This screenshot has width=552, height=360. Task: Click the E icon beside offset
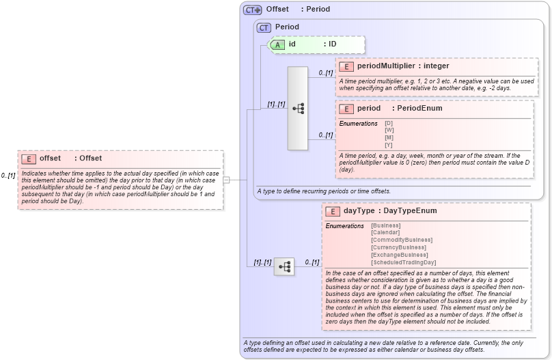coord(29,158)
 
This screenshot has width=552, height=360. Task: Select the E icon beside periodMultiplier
coord(346,66)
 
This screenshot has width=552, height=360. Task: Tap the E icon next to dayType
coord(333,211)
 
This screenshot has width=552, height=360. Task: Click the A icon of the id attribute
coord(277,44)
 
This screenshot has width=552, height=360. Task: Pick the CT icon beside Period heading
coord(264,27)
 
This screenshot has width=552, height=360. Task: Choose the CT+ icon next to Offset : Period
coord(253,10)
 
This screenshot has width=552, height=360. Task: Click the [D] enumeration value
coord(389,123)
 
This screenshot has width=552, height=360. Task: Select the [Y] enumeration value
coord(389,145)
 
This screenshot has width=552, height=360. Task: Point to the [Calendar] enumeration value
coord(386,232)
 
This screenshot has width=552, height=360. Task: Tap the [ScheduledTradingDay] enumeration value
coord(403,262)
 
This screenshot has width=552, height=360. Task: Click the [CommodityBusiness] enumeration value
coord(401,240)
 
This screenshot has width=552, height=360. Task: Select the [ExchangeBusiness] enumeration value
coord(400,255)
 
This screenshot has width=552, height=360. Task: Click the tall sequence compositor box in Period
coord(298,108)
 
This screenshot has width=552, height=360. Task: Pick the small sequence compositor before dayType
coord(284,266)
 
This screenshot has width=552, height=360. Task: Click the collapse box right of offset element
coord(226,180)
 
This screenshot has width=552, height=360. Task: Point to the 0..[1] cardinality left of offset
coord(8,176)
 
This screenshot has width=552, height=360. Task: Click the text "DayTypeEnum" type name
coord(410,211)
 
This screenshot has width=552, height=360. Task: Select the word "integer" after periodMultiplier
coord(436,66)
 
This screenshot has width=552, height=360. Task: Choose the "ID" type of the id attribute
coord(332,44)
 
